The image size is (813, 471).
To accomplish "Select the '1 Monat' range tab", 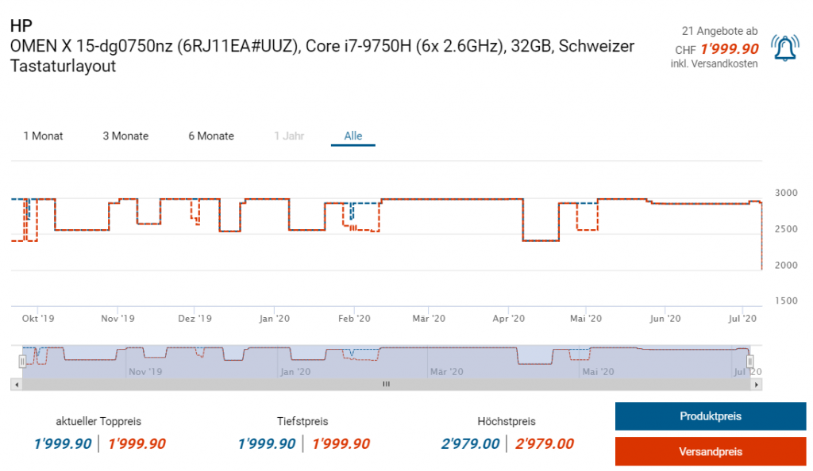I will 43,136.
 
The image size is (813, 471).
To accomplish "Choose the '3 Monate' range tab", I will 125,136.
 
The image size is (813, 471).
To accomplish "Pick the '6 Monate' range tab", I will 211,136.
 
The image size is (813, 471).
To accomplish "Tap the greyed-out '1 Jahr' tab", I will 289,136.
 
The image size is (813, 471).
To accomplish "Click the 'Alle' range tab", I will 353,136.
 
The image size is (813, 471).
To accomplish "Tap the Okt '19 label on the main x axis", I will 38,319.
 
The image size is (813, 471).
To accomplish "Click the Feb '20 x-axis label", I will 354,319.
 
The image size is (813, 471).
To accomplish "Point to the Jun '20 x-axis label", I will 665,319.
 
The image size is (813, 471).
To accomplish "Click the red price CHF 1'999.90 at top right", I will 729,49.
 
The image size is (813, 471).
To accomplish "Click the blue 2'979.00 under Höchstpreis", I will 470,444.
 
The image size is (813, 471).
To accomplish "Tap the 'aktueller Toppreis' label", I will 98,422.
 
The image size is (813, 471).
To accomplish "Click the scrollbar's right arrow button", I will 757,385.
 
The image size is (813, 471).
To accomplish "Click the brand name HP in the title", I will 21,27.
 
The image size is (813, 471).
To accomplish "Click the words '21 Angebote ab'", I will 719,31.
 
